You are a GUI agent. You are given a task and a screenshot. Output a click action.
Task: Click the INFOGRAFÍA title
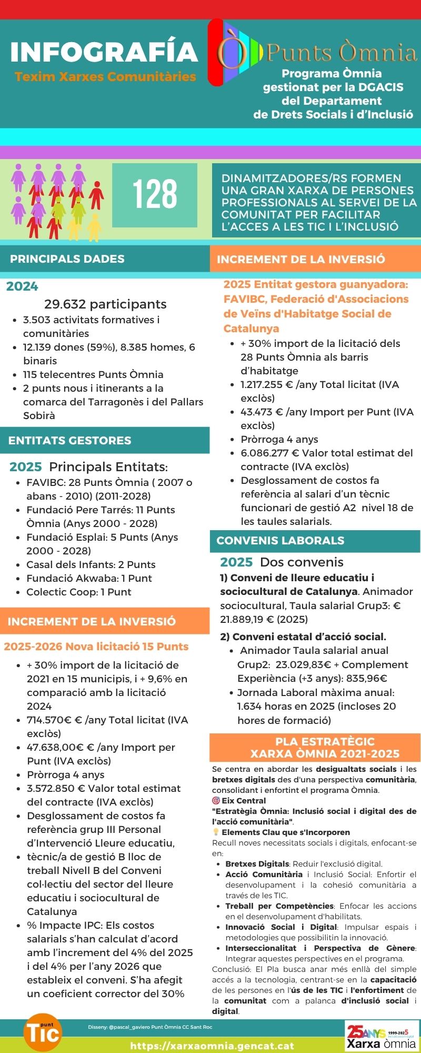point(104,52)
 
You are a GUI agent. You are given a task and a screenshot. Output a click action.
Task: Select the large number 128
point(155,194)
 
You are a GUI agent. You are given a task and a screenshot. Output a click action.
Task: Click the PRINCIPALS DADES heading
point(67,259)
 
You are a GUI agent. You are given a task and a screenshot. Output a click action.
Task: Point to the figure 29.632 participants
point(105,304)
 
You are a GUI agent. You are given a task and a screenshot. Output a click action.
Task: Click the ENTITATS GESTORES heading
point(70,441)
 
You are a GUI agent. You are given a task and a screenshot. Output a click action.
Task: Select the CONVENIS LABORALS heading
point(280,541)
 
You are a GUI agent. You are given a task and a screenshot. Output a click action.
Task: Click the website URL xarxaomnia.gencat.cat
point(212,1046)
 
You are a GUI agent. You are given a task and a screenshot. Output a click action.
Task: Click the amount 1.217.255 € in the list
point(267,385)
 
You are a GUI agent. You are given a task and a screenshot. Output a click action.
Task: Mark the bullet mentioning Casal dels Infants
point(91,564)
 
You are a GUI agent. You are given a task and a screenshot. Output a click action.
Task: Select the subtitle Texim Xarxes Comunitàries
point(105,77)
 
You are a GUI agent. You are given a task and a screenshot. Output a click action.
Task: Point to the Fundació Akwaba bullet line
point(89,578)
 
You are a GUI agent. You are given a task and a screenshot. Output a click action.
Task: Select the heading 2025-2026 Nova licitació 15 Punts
point(96,647)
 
